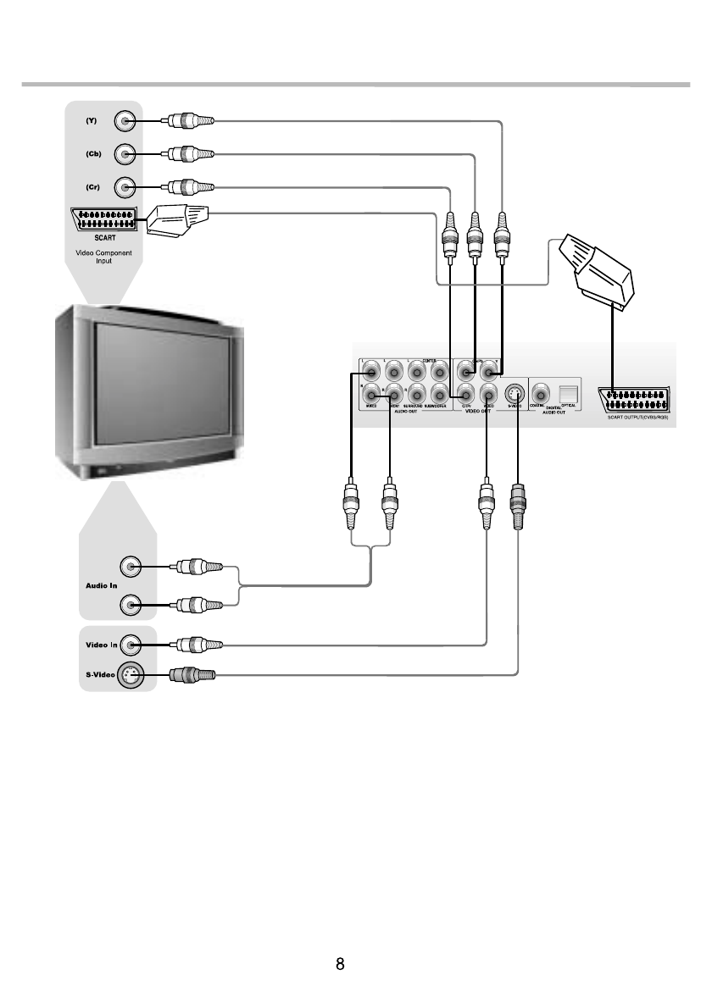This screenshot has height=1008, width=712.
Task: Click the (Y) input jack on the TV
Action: point(125,121)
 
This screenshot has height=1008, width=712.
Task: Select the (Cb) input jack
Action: point(125,154)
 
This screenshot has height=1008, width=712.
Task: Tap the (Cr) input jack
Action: point(125,186)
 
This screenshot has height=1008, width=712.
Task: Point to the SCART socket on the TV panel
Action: point(106,220)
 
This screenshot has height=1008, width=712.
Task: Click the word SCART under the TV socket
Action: point(106,238)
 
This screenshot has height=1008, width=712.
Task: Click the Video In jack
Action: point(130,645)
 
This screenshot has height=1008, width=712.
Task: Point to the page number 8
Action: point(340,965)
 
